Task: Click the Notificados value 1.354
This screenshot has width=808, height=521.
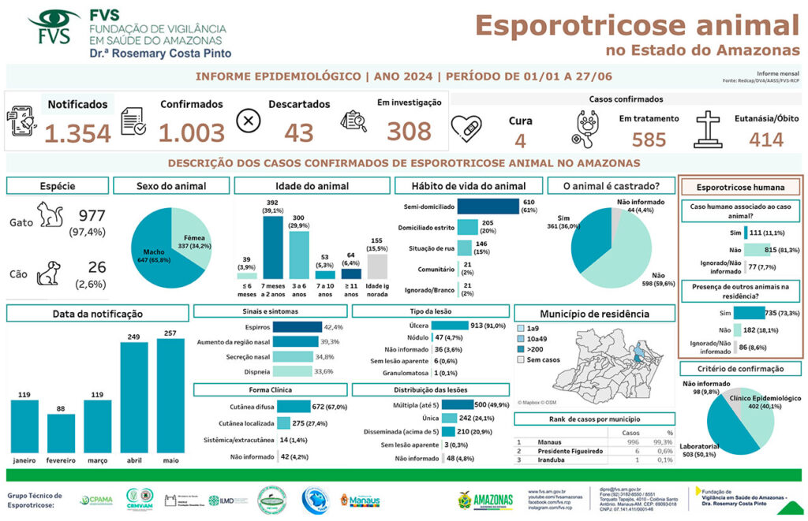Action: (77, 133)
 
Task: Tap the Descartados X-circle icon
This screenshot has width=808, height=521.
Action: (249, 121)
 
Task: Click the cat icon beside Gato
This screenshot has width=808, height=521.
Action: (50, 216)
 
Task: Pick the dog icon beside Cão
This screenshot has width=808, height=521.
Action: (50, 272)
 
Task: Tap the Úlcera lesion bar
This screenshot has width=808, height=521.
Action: (449, 325)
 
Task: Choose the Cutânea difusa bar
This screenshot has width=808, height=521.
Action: (294, 407)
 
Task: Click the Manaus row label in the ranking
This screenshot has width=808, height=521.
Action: (551, 442)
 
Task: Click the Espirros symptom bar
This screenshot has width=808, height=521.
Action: (297, 327)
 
